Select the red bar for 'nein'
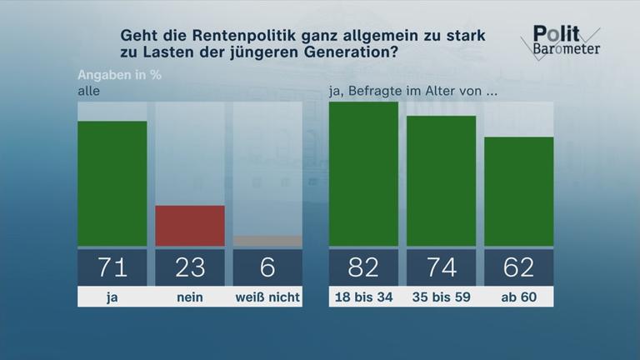click(x=190, y=226)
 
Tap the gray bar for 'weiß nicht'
click(x=267, y=242)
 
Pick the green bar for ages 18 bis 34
click(x=363, y=174)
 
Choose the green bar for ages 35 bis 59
click(x=441, y=181)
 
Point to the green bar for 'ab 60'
click(x=518, y=192)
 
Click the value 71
click(x=112, y=267)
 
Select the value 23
click(x=190, y=267)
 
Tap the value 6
click(x=267, y=267)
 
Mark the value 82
click(x=363, y=267)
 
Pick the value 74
click(x=441, y=267)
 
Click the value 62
click(x=518, y=267)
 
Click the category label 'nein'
click(x=190, y=297)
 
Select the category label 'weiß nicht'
click(x=267, y=297)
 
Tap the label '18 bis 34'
click(x=363, y=297)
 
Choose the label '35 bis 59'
click(x=441, y=297)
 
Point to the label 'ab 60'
click(x=518, y=297)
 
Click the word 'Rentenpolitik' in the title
click(x=221, y=36)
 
